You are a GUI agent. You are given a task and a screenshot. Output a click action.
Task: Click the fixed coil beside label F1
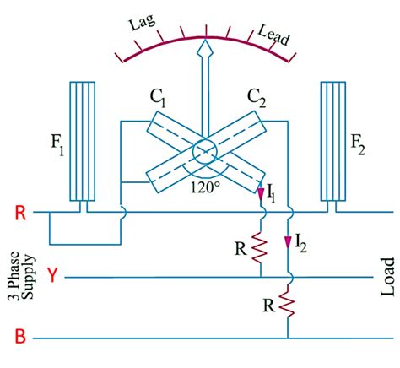(x=82, y=144)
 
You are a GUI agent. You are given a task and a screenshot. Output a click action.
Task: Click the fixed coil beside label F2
(x=332, y=144)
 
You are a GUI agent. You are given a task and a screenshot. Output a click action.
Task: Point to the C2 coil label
(x=257, y=100)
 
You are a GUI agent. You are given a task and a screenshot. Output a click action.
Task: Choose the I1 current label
(x=270, y=196)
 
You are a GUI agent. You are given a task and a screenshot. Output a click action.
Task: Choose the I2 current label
(x=301, y=246)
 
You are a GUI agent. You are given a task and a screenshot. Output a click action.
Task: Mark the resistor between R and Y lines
(x=261, y=246)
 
